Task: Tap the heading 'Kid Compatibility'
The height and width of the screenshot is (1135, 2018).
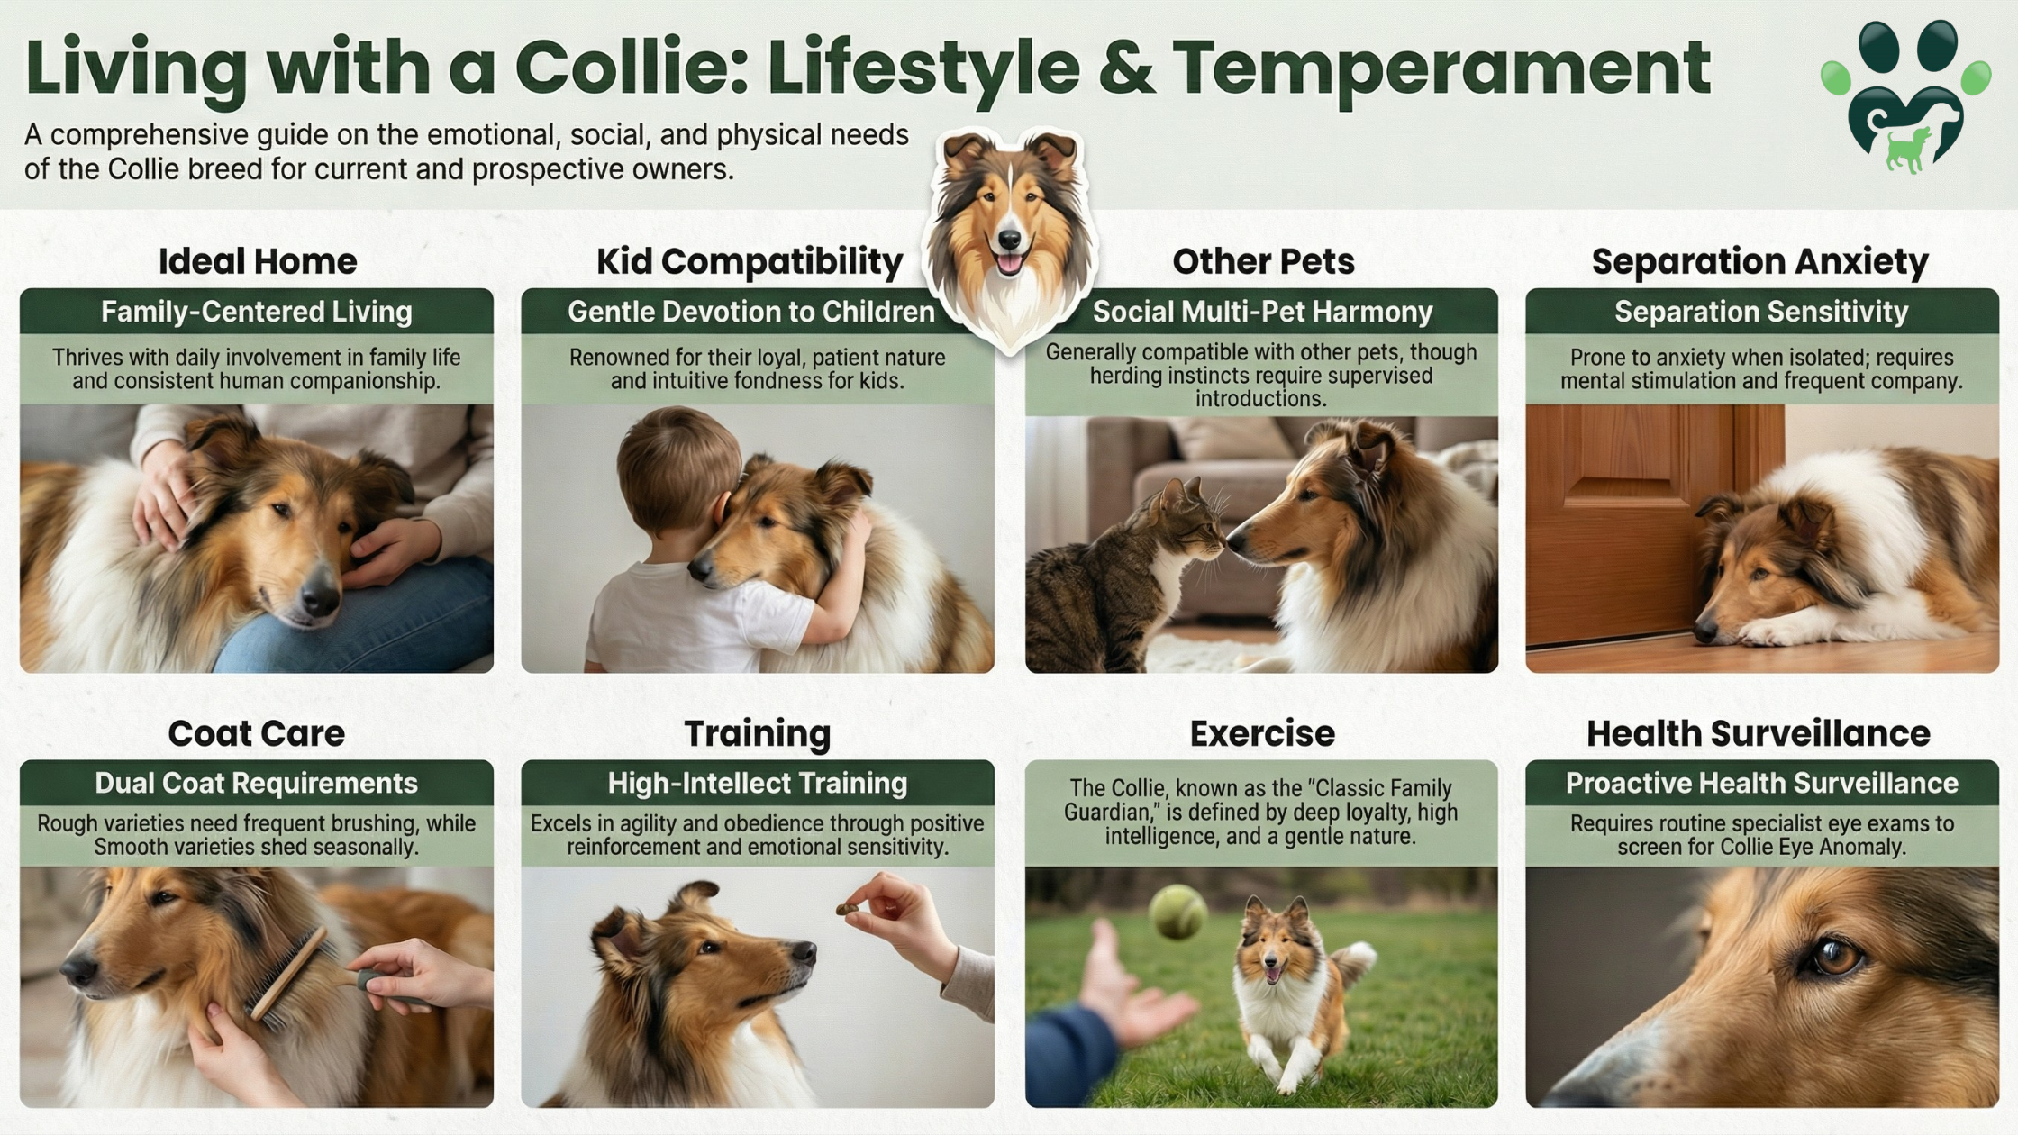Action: coord(750,261)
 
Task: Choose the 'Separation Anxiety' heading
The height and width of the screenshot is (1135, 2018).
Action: coord(1760,261)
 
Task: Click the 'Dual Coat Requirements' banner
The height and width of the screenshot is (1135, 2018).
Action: coord(257,783)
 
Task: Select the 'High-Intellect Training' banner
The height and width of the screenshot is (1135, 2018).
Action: coord(758,783)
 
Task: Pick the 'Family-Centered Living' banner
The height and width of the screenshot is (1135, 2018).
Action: coord(257,312)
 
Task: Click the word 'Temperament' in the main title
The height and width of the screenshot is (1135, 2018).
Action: coord(1441,68)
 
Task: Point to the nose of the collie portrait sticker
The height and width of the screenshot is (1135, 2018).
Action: coord(1010,240)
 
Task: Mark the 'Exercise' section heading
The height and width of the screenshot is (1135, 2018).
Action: coord(1262,733)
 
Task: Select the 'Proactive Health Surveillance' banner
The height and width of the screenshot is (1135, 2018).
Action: coord(1762,783)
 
